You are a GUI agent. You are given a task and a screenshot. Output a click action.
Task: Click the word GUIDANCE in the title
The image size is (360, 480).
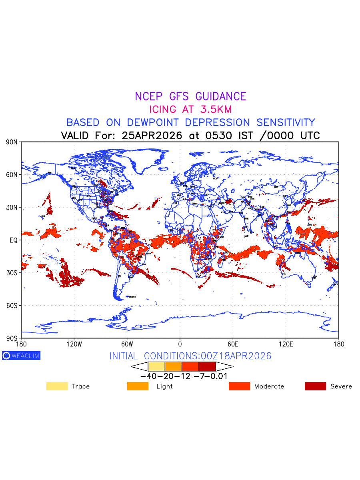coord(221,96)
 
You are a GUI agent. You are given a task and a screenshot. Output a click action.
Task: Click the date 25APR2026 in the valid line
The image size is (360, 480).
coord(154,135)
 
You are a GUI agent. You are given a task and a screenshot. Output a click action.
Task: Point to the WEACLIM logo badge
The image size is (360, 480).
coord(21,356)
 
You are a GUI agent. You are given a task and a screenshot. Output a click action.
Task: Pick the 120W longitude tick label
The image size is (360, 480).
coord(74,344)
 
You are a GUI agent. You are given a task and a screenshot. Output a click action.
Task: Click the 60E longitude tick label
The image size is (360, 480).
coord(233,344)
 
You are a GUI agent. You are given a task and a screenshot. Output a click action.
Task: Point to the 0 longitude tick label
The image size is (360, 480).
coord(180,344)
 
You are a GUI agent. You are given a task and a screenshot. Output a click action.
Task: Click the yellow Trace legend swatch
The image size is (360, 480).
coord(57,386)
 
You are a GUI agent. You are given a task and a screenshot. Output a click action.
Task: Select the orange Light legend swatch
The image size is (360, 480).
coord(138,386)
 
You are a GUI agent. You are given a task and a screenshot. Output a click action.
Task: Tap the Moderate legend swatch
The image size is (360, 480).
coord(239,386)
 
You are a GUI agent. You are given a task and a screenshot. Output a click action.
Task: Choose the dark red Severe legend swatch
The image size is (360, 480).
coord(315,386)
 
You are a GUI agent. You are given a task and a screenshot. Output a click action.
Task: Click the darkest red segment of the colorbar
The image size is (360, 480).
coord(207,366)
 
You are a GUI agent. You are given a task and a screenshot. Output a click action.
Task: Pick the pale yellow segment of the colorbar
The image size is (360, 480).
coord(156,366)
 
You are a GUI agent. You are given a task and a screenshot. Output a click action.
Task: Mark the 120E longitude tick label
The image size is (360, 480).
coord(286,344)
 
